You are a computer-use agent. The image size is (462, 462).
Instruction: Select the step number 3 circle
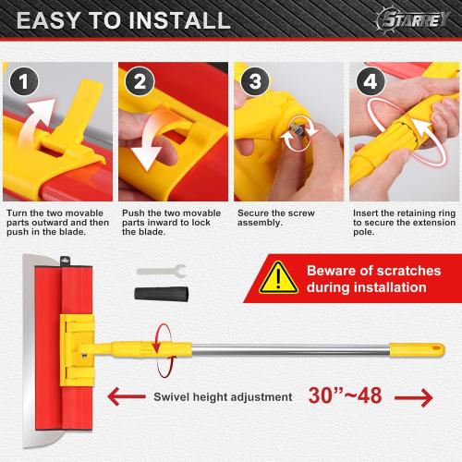(252, 81)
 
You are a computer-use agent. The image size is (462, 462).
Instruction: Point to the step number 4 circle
(368, 81)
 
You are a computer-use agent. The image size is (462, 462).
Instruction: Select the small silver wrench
(161, 272)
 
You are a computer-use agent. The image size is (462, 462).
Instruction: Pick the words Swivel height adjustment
(222, 397)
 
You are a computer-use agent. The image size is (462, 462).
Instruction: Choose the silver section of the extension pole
(296, 349)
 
